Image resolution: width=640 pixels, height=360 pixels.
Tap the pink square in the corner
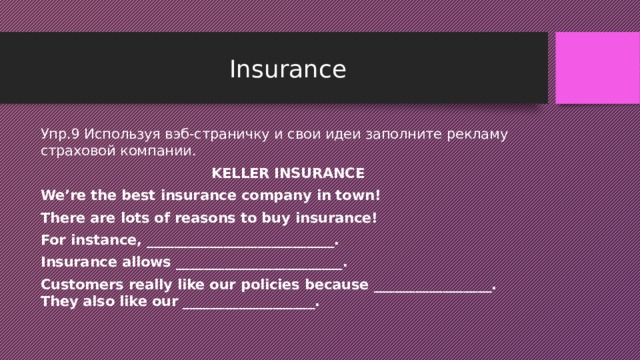(x=598, y=67)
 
